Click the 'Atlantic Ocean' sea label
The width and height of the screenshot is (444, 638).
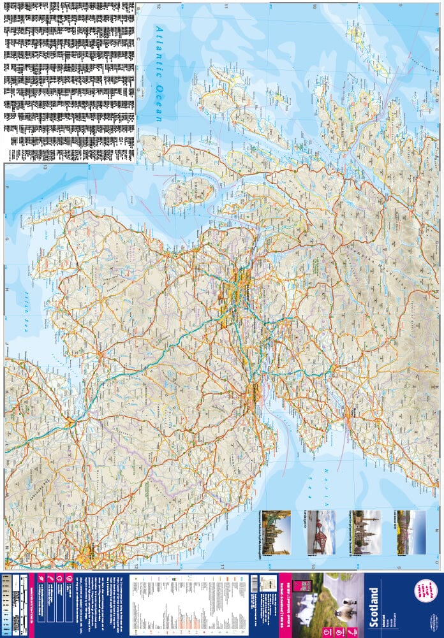[159, 74]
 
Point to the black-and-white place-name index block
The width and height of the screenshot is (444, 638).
[69, 80]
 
